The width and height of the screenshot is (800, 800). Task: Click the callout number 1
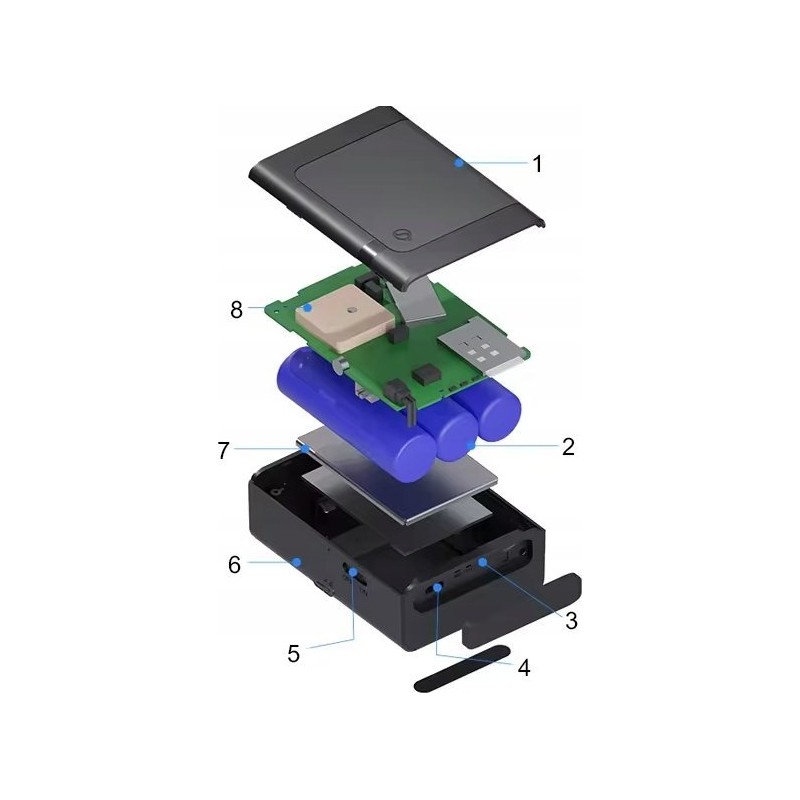(x=537, y=164)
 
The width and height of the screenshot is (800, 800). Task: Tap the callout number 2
(x=568, y=447)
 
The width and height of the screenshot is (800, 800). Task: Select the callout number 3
(x=571, y=621)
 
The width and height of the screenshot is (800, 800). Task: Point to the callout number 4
(x=524, y=667)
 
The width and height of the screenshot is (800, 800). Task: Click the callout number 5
(x=293, y=654)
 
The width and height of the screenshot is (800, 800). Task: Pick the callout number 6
(x=234, y=565)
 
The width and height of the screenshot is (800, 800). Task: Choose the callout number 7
(x=223, y=451)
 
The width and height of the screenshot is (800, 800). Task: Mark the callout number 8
(x=236, y=310)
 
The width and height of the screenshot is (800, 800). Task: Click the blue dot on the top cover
(x=459, y=163)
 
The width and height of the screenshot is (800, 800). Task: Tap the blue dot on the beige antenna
(x=307, y=308)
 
